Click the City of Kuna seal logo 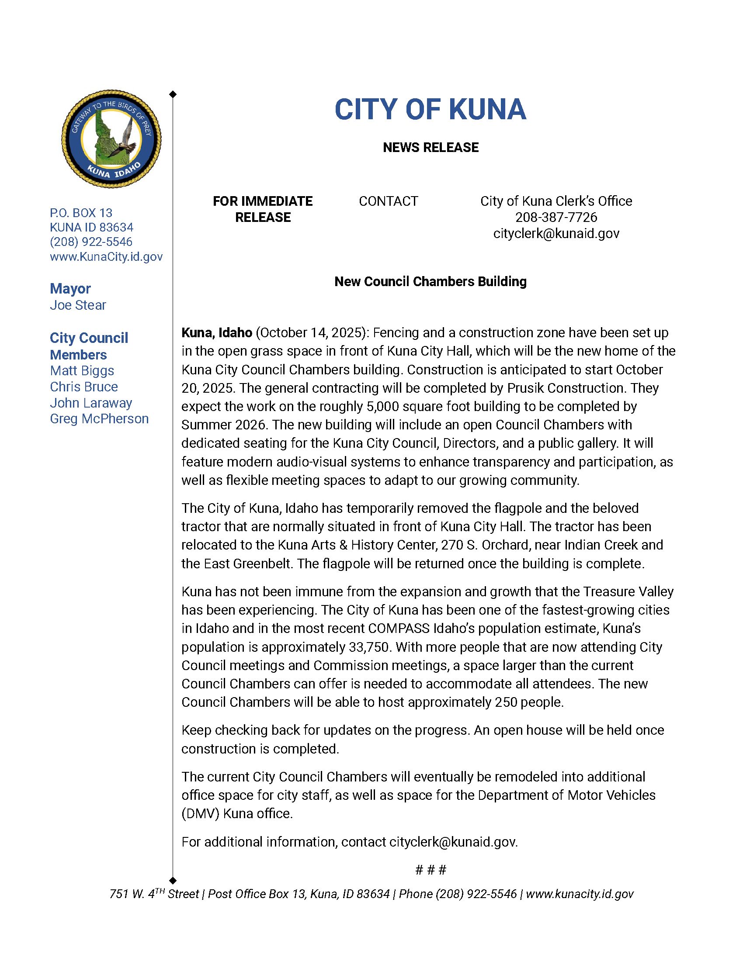[111, 139]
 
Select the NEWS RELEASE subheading [430, 147]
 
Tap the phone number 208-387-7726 [556, 218]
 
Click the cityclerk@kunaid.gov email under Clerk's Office [556, 233]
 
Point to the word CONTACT [388, 201]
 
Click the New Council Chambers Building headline [430, 281]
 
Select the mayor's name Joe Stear [78, 305]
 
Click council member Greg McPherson [99, 418]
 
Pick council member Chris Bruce [83, 386]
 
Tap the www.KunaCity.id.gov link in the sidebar [106, 256]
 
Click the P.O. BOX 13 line [81, 213]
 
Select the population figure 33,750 [369, 647]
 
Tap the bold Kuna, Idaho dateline [216, 333]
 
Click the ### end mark [431, 870]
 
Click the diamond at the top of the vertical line [173, 94]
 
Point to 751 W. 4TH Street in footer [154, 894]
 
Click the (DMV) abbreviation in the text [200, 814]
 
